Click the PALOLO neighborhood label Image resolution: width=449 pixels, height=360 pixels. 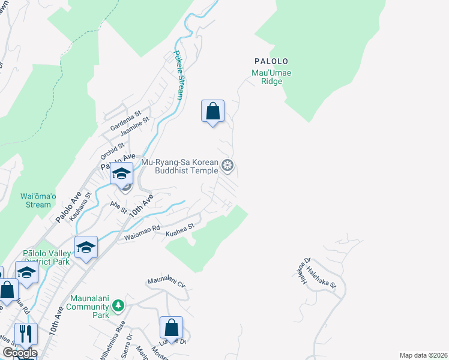(271, 61)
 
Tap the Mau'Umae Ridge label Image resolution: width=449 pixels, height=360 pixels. (271, 77)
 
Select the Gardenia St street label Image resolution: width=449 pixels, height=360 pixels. (125, 121)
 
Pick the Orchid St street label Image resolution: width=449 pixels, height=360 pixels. (112, 149)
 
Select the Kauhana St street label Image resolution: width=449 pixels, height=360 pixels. (80, 206)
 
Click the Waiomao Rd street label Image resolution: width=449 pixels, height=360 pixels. (142, 233)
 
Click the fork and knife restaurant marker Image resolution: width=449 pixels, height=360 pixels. (25, 334)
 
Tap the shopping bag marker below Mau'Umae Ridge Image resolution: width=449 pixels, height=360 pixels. (212, 111)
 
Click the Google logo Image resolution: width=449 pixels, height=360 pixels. (19, 353)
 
